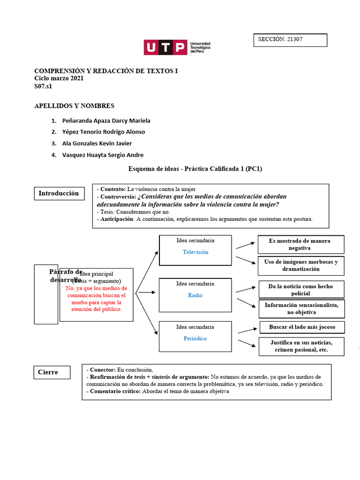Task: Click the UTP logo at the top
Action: click(x=177, y=48)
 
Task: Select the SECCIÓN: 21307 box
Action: click(x=290, y=40)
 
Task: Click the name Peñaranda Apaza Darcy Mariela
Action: click(x=106, y=120)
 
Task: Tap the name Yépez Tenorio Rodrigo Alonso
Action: click(x=104, y=132)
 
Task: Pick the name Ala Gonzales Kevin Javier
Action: click(x=97, y=143)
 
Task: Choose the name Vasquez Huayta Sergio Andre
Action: click(x=103, y=155)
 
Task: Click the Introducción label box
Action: click(x=59, y=193)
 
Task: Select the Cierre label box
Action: click(x=52, y=372)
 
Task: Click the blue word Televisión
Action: click(x=195, y=252)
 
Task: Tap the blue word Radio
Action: click(x=195, y=295)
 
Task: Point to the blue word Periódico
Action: click(x=195, y=338)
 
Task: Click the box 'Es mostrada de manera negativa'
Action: click(x=300, y=244)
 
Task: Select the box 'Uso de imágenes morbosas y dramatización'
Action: click(x=300, y=266)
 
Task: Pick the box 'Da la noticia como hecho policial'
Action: click(x=300, y=290)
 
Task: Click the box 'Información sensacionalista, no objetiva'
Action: click(x=302, y=308)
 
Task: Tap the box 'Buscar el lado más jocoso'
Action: click(x=302, y=327)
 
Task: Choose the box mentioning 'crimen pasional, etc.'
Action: click(x=302, y=346)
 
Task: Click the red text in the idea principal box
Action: click(x=97, y=299)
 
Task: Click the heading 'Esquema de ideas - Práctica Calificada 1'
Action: click(x=195, y=169)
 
